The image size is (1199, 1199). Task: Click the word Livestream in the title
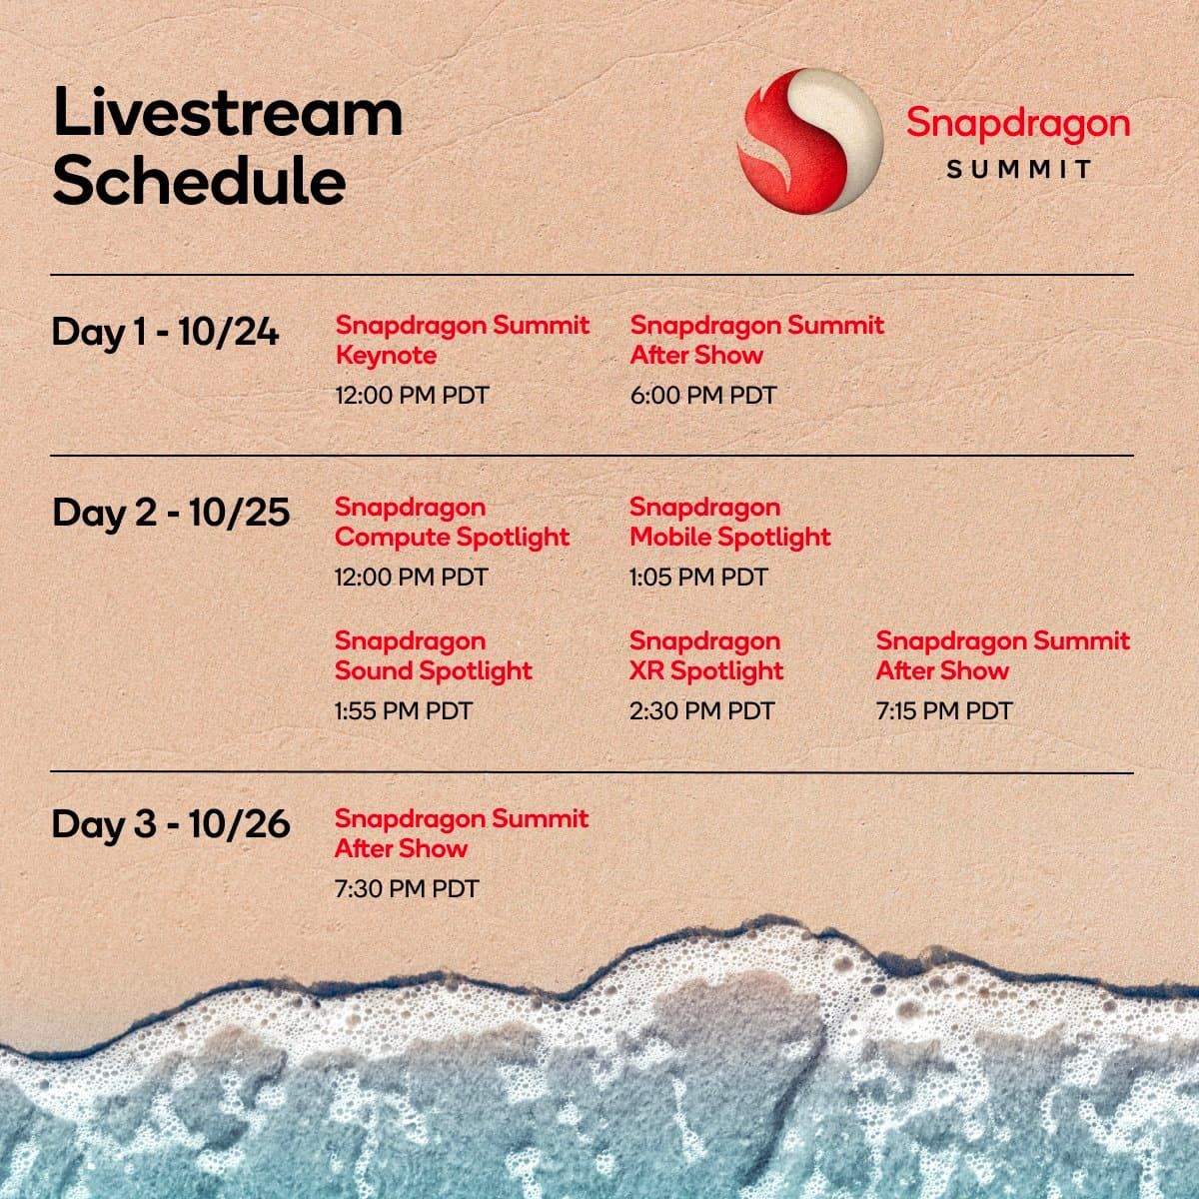[x=228, y=112]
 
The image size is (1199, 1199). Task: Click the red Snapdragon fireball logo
[x=810, y=141]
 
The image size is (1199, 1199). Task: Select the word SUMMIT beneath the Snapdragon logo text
[x=1018, y=169]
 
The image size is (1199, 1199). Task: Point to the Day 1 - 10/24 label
[x=165, y=332]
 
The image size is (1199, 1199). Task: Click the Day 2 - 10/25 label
[x=171, y=514]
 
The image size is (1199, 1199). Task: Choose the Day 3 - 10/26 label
[x=171, y=824]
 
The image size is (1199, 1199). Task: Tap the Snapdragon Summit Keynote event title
[x=463, y=341]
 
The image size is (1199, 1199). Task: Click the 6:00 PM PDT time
[x=703, y=395]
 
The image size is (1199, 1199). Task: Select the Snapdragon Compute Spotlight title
[x=453, y=522]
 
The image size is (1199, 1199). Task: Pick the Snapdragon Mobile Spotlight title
[x=729, y=522]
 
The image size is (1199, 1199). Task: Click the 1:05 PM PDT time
[x=698, y=578]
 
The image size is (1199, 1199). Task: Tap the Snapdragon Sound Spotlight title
[x=434, y=655]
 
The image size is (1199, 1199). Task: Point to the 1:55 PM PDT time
[x=404, y=711]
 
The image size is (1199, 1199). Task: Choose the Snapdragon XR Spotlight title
[x=706, y=655]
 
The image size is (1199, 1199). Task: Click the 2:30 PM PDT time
[x=701, y=711]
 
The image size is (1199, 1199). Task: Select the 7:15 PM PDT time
[x=944, y=711]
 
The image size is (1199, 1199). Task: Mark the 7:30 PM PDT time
[x=407, y=889]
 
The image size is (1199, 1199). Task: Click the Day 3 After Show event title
[x=462, y=833]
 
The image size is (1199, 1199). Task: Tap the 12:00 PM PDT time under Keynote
[x=412, y=395]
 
